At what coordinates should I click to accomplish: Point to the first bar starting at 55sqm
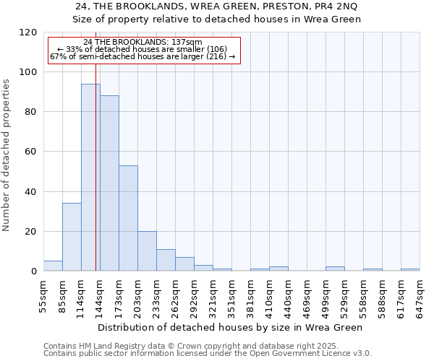pos(53,266)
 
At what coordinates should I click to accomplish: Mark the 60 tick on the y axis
pos(30,152)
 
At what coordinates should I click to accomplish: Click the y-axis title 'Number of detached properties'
pos(7,155)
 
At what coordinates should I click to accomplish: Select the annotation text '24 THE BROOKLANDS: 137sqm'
pos(143,43)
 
